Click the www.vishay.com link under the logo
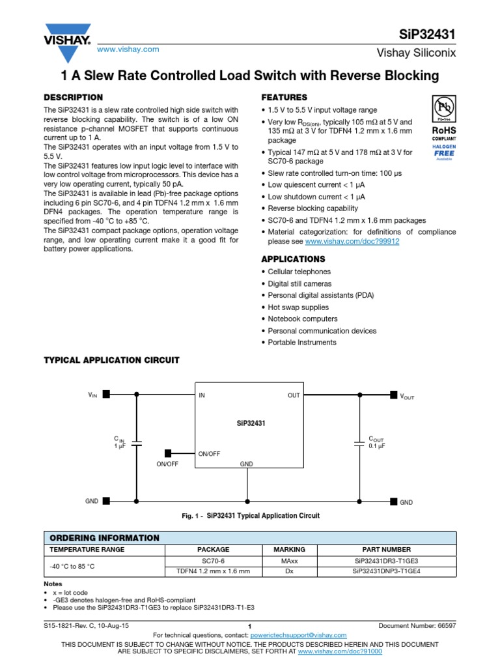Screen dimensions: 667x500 [x=128, y=50]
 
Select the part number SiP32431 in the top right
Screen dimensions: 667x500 [x=427, y=33]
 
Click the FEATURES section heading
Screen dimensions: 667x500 [x=284, y=97]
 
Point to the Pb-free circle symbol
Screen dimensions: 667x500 [x=444, y=107]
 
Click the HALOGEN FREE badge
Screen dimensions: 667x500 [x=444, y=152]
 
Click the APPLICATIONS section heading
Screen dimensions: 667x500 [x=293, y=259]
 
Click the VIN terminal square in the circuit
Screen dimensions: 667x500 [x=106, y=394]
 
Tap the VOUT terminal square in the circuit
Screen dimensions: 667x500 [x=393, y=394]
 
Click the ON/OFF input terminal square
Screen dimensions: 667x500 [x=168, y=453]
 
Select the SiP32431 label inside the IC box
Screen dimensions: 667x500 [x=251, y=423]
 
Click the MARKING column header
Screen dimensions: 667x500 [x=289, y=549]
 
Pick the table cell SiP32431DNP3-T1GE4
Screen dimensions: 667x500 [x=386, y=571]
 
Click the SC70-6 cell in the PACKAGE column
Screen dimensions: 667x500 [x=214, y=561]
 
